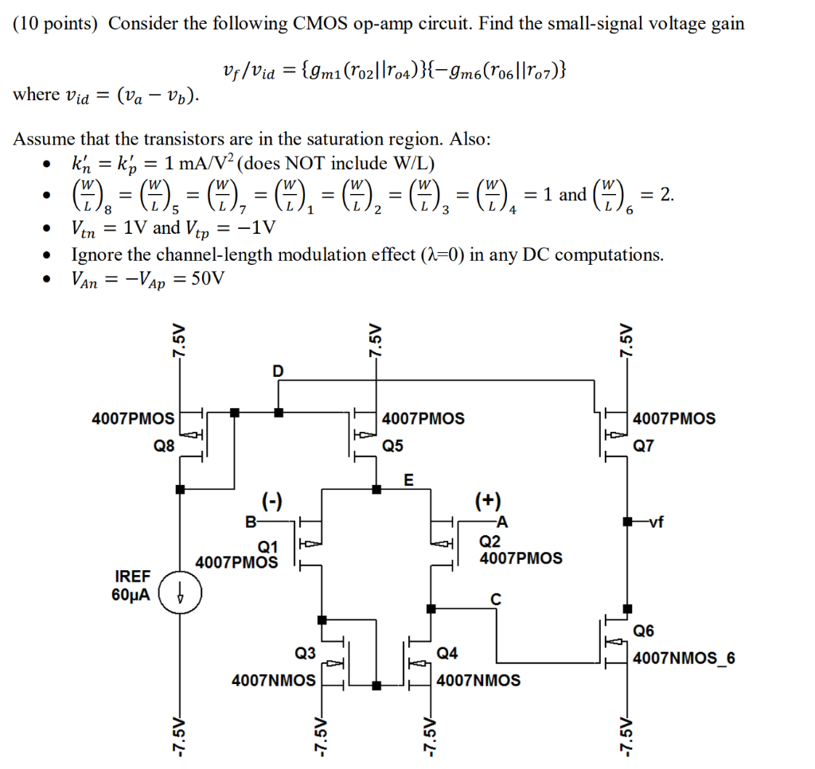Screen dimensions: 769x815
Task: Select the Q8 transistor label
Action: tap(164, 446)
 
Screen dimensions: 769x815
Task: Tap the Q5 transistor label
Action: tap(394, 446)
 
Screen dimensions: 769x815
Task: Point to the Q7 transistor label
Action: tap(644, 446)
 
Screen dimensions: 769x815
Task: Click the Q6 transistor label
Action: tap(644, 631)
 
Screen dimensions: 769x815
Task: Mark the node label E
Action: tap(409, 480)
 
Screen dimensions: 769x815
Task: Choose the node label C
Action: tap(496, 600)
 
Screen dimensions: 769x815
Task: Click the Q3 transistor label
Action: tap(306, 653)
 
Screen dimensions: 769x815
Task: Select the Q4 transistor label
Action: tap(447, 653)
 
